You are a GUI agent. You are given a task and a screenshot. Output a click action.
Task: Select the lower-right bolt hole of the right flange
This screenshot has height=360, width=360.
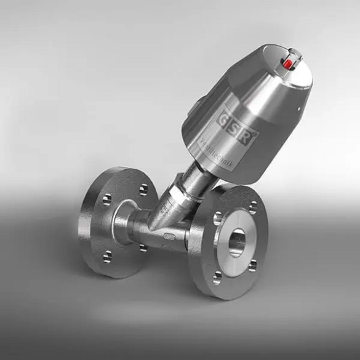(x=253, y=265)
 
